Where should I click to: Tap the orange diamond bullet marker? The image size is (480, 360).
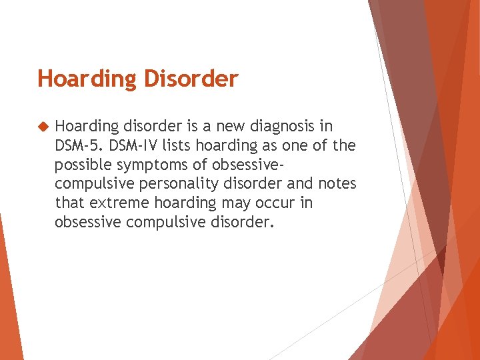(x=43, y=126)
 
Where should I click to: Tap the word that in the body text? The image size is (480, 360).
(x=69, y=202)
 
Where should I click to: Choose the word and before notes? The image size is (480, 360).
(x=300, y=183)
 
